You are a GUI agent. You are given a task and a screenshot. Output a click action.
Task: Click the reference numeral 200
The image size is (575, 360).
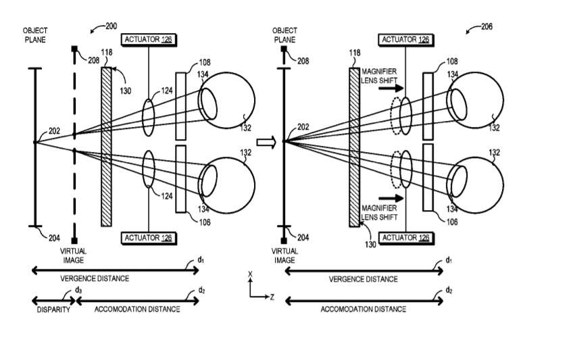(110, 26)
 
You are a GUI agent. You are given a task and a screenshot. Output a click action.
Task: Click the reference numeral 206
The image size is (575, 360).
(486, 26)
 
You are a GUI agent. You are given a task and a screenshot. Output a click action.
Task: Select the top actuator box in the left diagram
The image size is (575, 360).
(149, 40)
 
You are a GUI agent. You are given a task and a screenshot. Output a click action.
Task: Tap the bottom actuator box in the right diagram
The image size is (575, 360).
(405, 237)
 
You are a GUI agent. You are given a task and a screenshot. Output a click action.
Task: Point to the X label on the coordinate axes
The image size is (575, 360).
(251, 274)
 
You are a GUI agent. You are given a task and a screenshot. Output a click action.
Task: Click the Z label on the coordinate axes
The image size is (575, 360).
(271, 297)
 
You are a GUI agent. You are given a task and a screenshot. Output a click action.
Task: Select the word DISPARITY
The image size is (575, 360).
(53, 309)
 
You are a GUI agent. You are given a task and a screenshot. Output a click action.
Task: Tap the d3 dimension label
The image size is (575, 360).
(79, 290)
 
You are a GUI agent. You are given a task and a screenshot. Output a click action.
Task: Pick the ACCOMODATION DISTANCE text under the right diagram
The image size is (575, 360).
(364, 309)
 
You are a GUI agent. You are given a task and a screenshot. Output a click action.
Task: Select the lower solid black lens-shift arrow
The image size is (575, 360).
(394, 198)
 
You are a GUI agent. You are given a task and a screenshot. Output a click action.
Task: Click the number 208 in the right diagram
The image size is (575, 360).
(304, 61)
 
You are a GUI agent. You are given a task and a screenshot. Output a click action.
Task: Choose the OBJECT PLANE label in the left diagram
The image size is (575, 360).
(34, 34)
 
